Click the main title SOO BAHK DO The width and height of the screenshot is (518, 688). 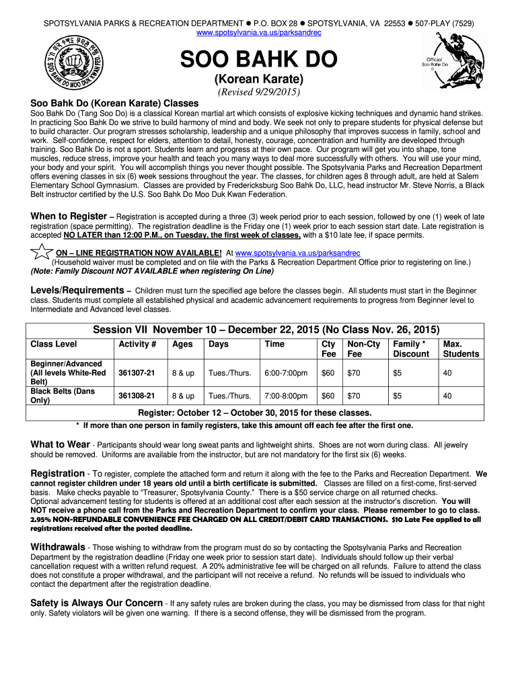tap(258, 60)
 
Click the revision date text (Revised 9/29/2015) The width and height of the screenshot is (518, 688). tap(258, 92)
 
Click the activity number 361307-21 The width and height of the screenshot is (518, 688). tap(137, 373)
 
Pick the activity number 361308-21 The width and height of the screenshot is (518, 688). tap(137, 396)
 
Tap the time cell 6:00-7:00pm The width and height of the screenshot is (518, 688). tap(286, 373)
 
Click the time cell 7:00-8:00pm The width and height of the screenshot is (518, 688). tap(286, 396)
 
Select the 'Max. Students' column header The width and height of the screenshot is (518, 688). tap(461, 349)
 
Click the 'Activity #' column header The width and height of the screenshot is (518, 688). tap(137, 344)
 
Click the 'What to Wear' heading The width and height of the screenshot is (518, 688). tap(60, 444)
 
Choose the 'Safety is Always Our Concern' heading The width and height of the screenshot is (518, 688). tap(96, 603)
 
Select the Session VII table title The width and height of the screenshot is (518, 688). tap(266, 330)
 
